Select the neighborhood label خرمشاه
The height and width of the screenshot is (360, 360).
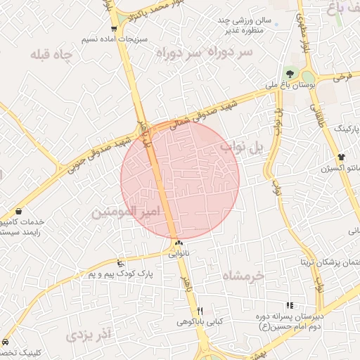click(243, 276)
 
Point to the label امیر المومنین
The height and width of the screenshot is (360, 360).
click(127, 211)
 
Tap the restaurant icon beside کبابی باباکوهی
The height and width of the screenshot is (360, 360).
click(200, 311)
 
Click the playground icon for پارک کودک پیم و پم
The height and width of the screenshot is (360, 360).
click(121, 263)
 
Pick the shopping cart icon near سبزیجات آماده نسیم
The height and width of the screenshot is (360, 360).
click(114, 29)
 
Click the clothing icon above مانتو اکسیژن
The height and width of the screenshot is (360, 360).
click(342, 157)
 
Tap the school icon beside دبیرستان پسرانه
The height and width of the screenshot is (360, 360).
click(290, 304)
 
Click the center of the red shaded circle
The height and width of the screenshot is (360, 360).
click(180, 180)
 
